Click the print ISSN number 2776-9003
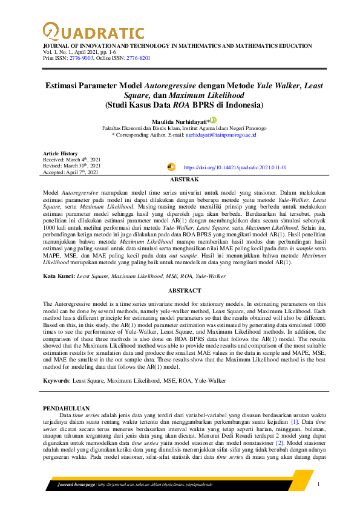pyautogui.click(x=81, y=59)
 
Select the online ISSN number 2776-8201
pyautogui.click(x=137, y=59)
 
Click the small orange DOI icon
pyautogui.click(x=171, y=166)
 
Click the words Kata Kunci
pyautogui.click(x=59, y=276)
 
